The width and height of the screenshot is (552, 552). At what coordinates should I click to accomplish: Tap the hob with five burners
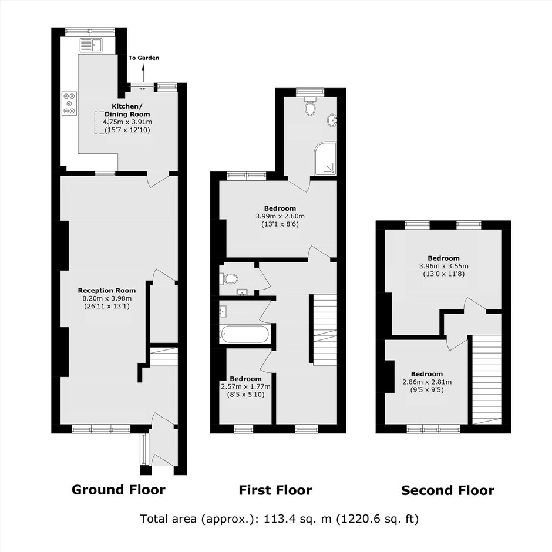(69, 103)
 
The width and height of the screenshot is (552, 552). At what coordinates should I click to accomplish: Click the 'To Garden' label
(144, 58)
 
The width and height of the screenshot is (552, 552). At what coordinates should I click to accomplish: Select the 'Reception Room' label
(107, 291)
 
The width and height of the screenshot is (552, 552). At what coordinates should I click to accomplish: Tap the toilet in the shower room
(310, 107)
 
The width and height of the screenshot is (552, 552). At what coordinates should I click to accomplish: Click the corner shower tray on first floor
(325, 159)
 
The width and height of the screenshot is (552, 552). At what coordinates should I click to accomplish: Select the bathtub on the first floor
(245, 334)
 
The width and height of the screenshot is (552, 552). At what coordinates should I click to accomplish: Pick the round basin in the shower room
(332, 120)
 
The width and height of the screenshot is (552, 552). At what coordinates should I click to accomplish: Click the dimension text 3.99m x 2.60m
(280, 216)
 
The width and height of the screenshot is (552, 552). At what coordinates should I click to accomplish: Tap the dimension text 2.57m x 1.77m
(245, 386)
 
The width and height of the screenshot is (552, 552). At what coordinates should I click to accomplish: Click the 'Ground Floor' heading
(118, 490)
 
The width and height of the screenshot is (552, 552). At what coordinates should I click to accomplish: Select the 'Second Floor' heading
(447, 490)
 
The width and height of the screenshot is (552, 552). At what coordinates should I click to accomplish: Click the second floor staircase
(487, 379)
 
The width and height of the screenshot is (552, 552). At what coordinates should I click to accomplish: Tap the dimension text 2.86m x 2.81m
(427, 382)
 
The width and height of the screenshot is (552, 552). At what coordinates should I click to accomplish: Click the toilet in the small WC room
(231, 279)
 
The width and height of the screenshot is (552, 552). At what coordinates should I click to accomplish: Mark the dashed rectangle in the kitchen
(100, 123)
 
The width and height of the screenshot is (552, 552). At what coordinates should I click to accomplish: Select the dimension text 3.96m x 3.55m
(443, 266)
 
